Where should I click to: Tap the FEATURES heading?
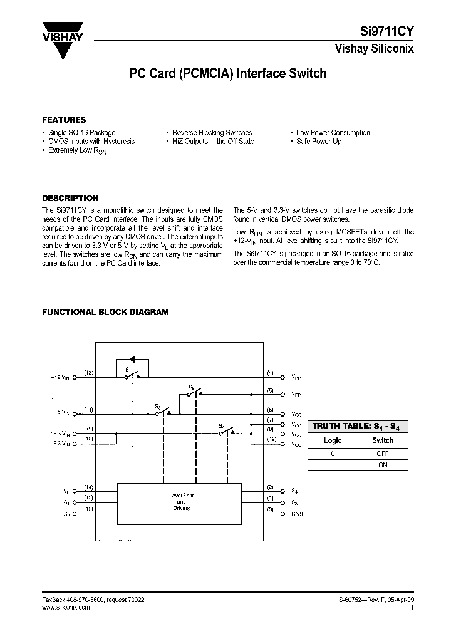point(64,120)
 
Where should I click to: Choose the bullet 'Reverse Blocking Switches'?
point(212,133)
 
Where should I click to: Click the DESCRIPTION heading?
point(70,198)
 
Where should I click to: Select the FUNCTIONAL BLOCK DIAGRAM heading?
point(105,312)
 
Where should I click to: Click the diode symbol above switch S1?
point(132,360)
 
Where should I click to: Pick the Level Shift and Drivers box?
point(181,502)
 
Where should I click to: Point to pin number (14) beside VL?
point(89,487)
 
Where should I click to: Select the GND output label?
point(296,514)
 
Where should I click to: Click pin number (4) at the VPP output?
point(270,373)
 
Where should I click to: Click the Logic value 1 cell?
point(333,465)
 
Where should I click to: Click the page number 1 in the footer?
point(412,607)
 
